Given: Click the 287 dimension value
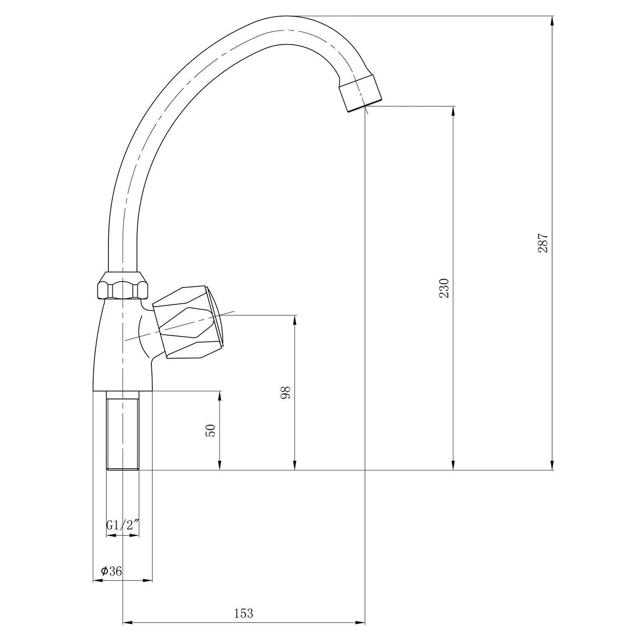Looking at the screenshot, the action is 543,243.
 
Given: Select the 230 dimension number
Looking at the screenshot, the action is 444,288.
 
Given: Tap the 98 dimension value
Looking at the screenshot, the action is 285,392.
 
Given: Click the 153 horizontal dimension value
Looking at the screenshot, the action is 244,613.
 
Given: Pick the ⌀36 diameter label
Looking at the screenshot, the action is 111,571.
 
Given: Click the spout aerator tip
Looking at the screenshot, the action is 360,93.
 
